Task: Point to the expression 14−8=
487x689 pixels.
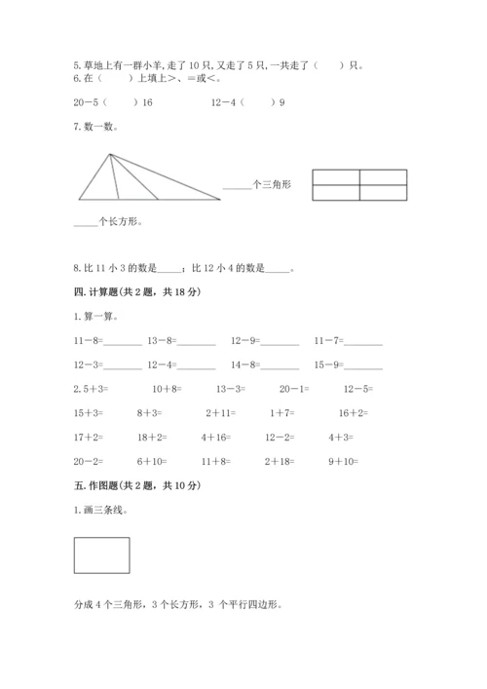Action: point(244,365)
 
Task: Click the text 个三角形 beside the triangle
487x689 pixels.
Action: point(272,184)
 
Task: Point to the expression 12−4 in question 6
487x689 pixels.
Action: point(220,102)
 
